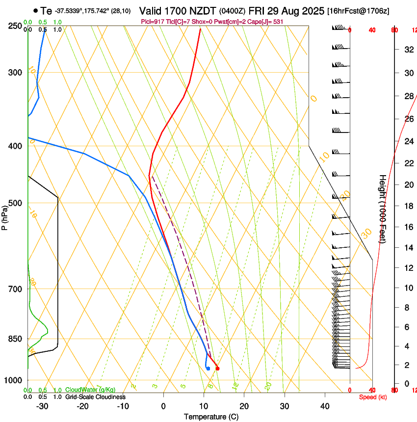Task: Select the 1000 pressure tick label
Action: coord(13,380)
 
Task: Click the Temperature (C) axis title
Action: coord(211,417)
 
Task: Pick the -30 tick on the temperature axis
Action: coord(42,406)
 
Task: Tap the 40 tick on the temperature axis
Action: coord(325,406)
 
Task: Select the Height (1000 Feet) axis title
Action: coord(383,209)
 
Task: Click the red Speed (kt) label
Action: coord(372,397)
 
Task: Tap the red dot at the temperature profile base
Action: coord(217,369)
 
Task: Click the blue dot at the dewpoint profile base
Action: coord(208,369)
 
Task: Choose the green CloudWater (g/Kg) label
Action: coord(90,390)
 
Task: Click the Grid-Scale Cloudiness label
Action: coord(95,396)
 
